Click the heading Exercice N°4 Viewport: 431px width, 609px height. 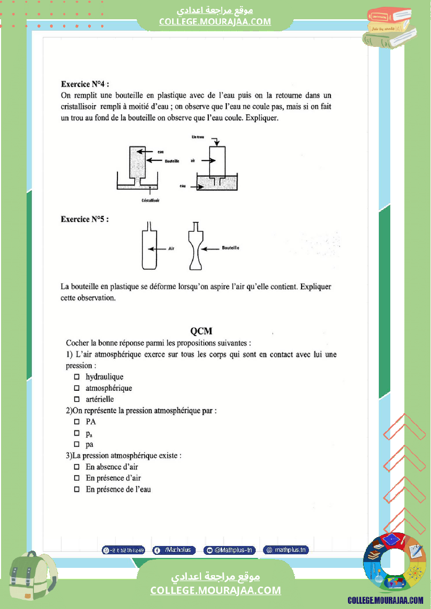pyautogui.click(x=85, y=84)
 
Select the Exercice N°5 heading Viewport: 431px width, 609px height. pyautogui.click(x=85, y=219)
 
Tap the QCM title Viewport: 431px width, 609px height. pyautogui.click(x=201, y=331)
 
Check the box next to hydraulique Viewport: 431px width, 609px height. pyautogui.click(x=77, y=377)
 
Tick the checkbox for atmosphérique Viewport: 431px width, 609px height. pyautogui.click(x=77, y=388)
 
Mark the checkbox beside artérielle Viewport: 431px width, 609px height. pyautogui.click(x=77, y=400)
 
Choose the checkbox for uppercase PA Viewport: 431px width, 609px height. pyautogui.click(x=77, y=422)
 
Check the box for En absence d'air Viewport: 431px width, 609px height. pyautogui.click(x=77, y=467)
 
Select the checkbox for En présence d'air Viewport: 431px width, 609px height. pyautogui.click(x=77, y=478)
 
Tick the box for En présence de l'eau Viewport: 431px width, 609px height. pyautogui.click(x=77, y=490)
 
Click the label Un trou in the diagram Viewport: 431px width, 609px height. pyautogui.click(x=198, y=136)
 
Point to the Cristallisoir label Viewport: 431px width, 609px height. pyautogui.click(x=150, y=199)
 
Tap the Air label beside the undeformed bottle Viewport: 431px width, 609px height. pyautogui.click(x=171, y=249)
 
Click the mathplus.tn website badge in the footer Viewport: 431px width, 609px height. pyautogui.click(x=286, y=550)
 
